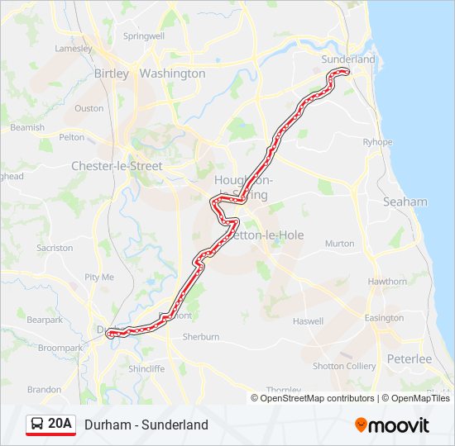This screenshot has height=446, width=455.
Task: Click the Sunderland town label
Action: click(x=347, y=59)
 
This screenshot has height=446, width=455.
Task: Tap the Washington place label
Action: click(x=172, y=74)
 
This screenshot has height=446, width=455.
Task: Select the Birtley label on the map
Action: click(x=112, y=74)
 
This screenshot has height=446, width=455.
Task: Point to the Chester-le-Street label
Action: click(x=117, y=166)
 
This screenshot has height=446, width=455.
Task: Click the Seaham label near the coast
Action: click(x=405, y=202)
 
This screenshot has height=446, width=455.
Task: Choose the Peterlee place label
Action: click(x=409, y=359)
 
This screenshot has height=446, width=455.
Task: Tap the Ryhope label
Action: click(x=377, y=142)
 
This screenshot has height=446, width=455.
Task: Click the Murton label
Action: click(x=339, y=244)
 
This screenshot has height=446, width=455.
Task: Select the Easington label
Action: click(x=384, y=318)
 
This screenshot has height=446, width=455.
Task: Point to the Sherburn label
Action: click(x=200, y=337)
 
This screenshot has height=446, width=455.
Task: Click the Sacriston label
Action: click(x=55, y=248)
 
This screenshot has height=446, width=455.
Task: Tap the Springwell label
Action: click(x=144, y=36)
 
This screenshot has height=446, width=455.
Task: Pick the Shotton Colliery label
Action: click(x=343, y=366)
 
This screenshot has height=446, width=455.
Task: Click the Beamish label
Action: click(x=27, y=128)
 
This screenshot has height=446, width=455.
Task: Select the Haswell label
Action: click(x=308, y=321)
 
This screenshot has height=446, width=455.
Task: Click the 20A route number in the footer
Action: click(x=60, y=425)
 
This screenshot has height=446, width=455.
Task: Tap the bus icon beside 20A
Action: click(x=37, y=425)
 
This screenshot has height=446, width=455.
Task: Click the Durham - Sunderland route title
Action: click(x=146, y=425)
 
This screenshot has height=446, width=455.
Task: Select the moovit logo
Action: click(x=392, y=425)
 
